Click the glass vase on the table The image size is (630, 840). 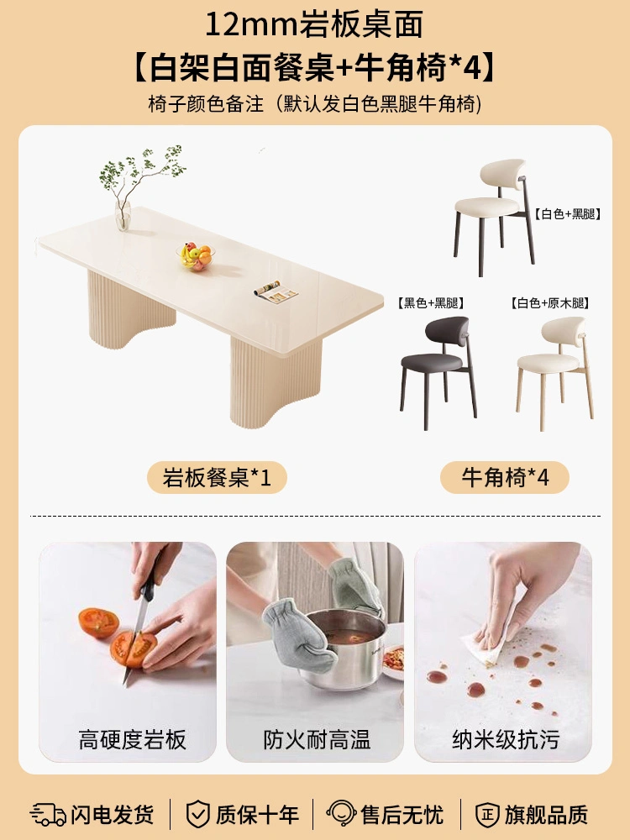pyautogui.click(x=123, y=215)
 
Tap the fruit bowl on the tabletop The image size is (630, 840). pyautogui.click(x=196, y=256)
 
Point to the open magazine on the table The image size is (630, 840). pyautogui.click(x=276, y=292)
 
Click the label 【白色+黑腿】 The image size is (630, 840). pyautogui.click(x=567, y=214)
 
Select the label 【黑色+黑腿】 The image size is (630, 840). pyautogui.click(x=430, y=303)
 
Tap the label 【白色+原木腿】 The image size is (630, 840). pyautogui.click(x=549, y=303)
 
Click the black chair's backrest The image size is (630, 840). pyautogui.click(x=447, y=329)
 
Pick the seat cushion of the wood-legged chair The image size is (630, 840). pyautogui.click(x=548, y=362)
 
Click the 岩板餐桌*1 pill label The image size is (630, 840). pyautogui.click(x=217, y=477)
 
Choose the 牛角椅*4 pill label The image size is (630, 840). pyautogui.click(x=505, y=477)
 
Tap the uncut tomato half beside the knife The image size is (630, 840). pyautogui.click(x=98, y=622)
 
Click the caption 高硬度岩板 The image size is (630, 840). pyautogui.click(x=133, y=740)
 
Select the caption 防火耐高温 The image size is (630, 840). pyautogui.click(x=317, y=740)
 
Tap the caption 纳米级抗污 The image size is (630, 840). pyautogui.click(x=506, y=740)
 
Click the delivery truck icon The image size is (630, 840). pyautogui.click(x=48, y=814)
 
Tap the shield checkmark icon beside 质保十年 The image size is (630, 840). pyautogui.click(x=197, y=814)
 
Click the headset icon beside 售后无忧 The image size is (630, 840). pyautogui.click(x=341, y=814)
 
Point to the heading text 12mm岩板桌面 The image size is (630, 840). pyautogui.click(x=314, y=25)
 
